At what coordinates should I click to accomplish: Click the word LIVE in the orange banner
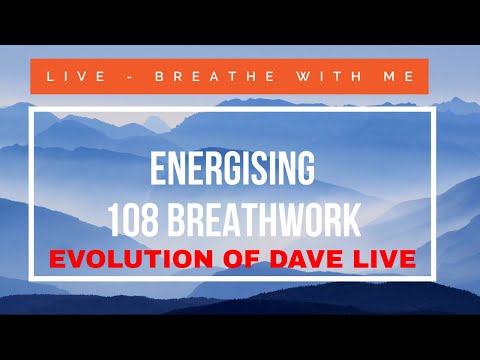click(68, 77)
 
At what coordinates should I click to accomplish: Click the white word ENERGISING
click(233, 168)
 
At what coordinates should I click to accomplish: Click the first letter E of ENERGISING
click(157, 168)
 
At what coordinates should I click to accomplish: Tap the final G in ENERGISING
click(307, 168)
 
